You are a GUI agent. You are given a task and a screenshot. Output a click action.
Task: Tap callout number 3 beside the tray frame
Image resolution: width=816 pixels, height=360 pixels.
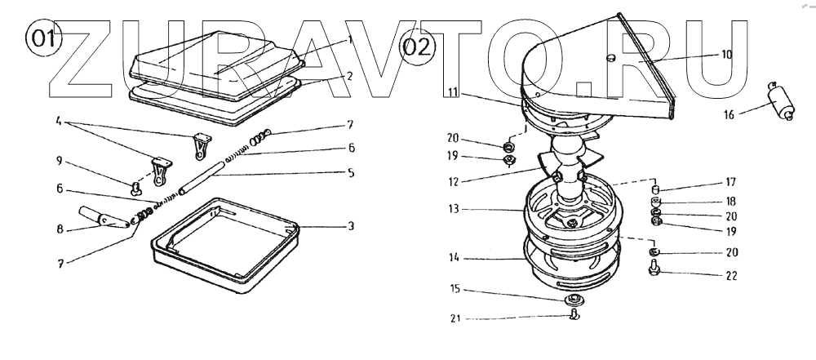pos(351,224)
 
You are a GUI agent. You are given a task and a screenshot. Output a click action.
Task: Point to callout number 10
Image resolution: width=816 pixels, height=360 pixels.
pos(726,55)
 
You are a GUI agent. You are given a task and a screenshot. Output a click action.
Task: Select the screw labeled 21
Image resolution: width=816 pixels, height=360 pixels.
pos(574,314)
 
